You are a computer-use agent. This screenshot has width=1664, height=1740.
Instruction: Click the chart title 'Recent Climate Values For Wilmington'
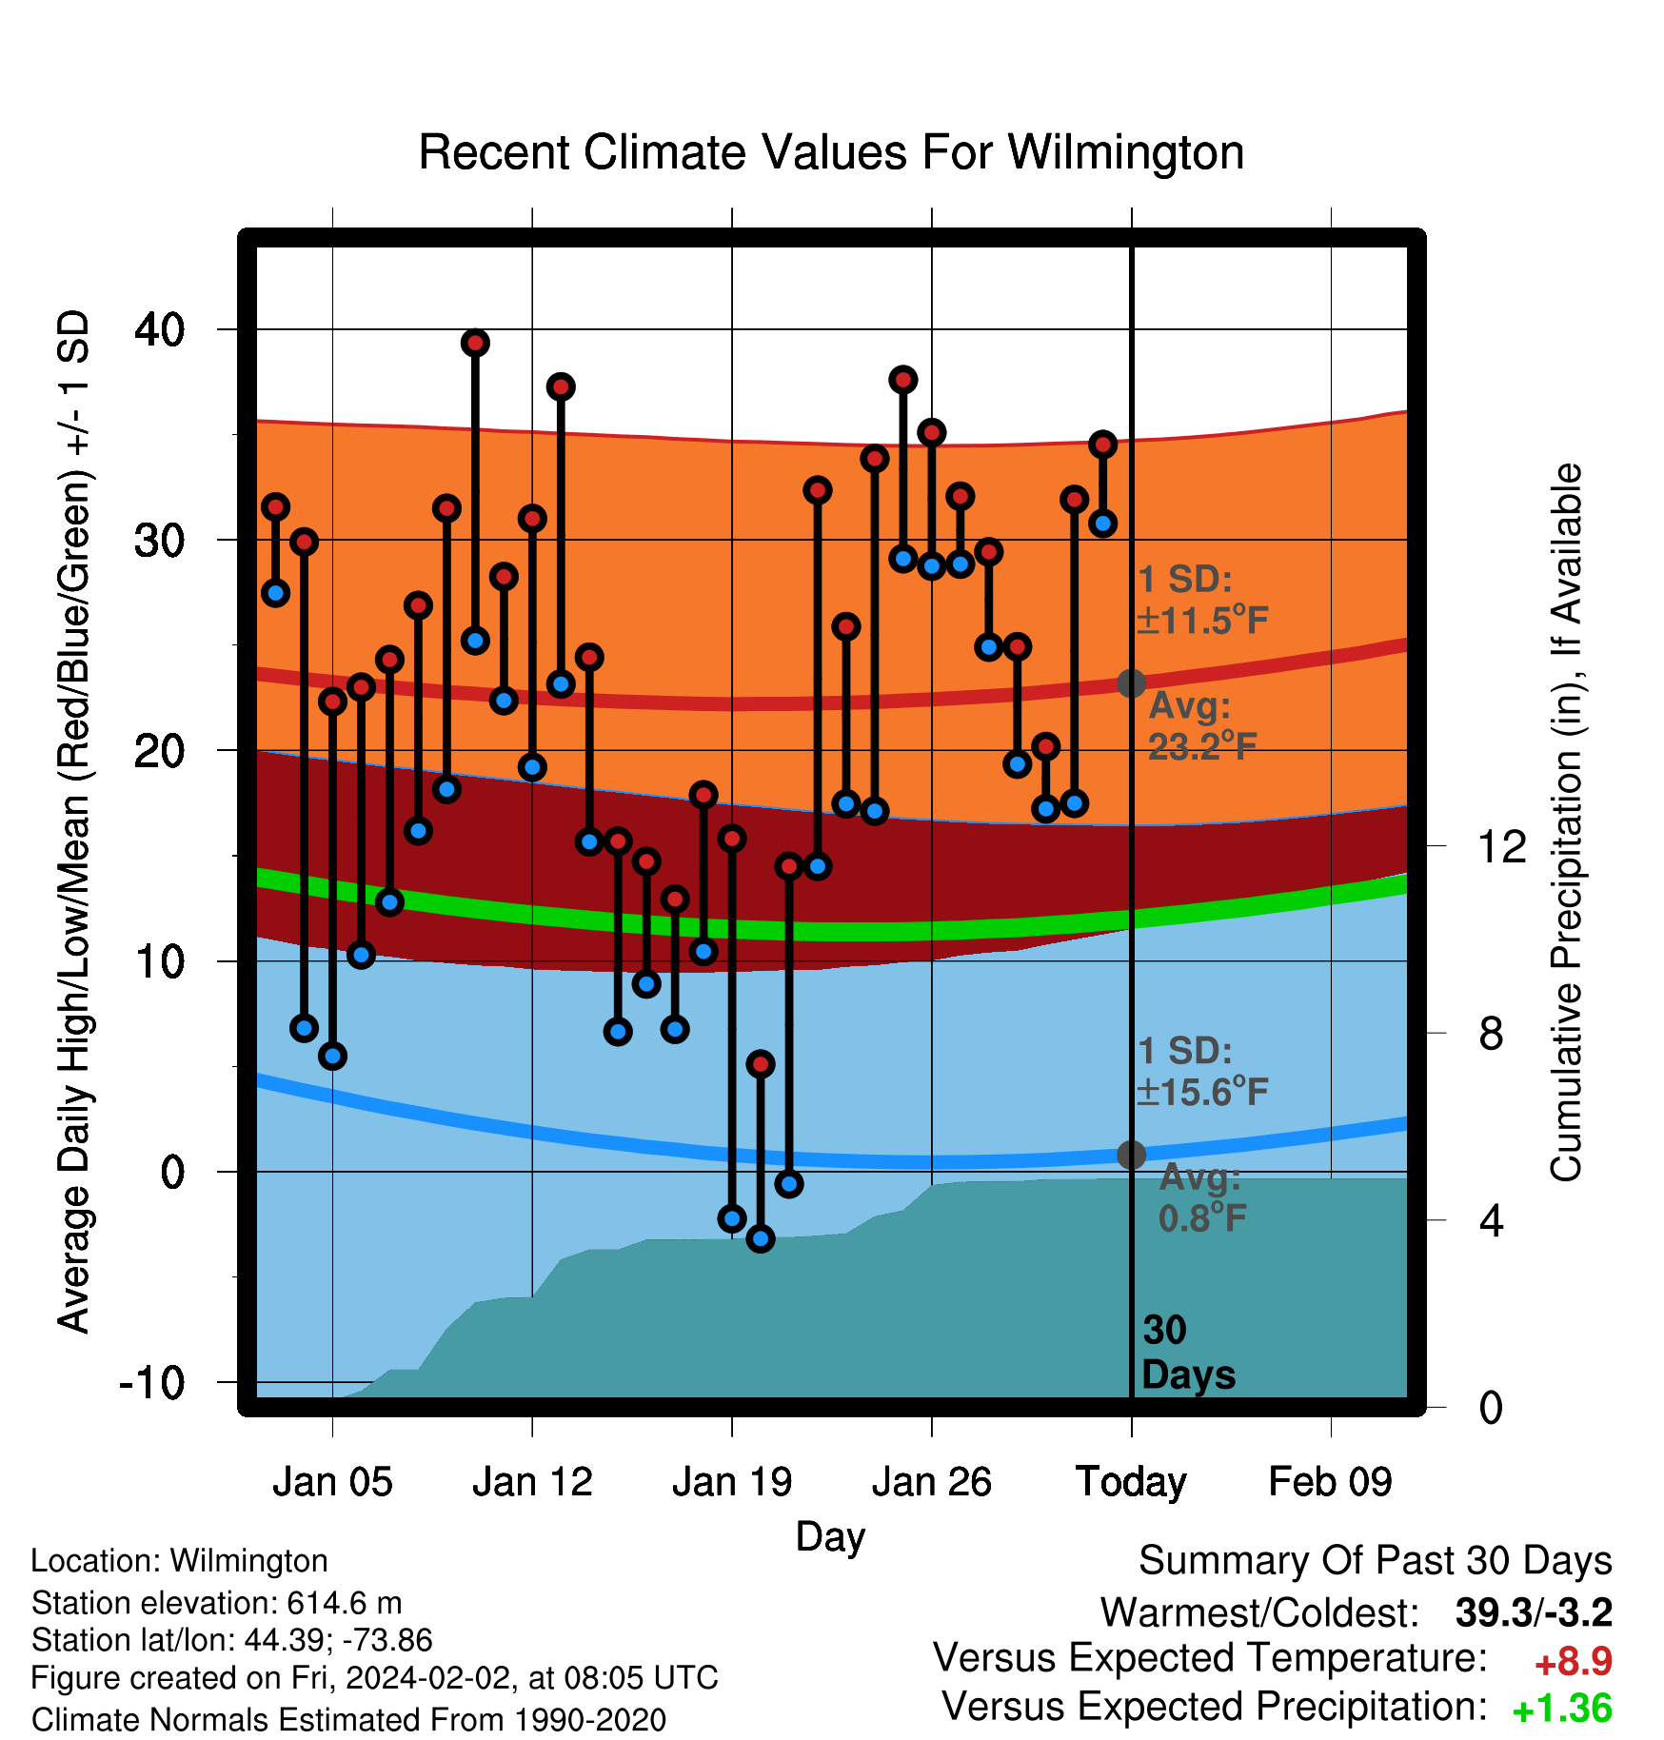tap(831, 152)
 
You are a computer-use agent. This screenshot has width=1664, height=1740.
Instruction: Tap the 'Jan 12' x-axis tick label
tap(532, 1482)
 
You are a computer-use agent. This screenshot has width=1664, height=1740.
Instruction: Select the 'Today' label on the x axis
tap(1131, 1483)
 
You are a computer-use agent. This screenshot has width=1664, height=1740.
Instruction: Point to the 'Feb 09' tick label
tap(1330, 1482)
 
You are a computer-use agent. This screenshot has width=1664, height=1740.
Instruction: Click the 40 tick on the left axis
tap(160, 329)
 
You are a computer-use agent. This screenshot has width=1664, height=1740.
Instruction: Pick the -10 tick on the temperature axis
tap(152, 1382)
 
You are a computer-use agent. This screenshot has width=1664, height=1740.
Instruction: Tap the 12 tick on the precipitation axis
tap(1502, 846)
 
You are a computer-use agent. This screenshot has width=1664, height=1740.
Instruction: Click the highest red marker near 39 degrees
tap(475, 343)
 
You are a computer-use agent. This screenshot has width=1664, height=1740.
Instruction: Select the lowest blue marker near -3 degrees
tap(761, 1239)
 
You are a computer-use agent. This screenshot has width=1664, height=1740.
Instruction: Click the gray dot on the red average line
tap(1131, 683)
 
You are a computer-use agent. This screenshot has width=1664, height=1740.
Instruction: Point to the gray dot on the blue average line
tap(1131, 1155)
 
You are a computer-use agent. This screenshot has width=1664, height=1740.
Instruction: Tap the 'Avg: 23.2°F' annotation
tap(1202, 726)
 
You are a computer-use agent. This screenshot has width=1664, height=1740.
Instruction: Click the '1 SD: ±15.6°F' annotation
tap(1202, 1072)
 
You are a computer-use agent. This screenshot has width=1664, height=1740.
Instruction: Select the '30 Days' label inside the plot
tap(1188, 1353)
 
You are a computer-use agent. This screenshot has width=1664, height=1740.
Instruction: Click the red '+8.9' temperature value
tap(1574, 1662)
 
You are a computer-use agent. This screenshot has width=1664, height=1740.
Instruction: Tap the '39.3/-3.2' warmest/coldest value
tap(1535, 1612)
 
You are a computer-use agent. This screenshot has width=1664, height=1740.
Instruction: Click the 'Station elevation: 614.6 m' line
tap(217, 1603)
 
